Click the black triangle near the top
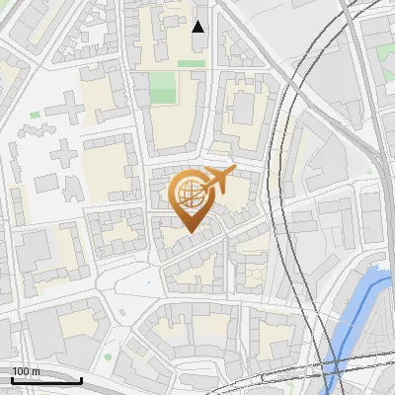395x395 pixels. pyautogui.click(x=198, y=27)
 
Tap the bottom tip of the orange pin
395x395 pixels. pyautogui.click(x=192, y=233)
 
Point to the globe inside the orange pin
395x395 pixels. pyautogui.click(x=191, y=195)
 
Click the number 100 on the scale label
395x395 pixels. pyautogui.click(x=21, y=371)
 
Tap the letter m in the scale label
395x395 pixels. pyautogui.click(x=37, y=371)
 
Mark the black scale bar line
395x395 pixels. pyautogui.click(x=45, y=380)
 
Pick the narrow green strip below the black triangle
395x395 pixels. pyautogui.click(x=192, y=64)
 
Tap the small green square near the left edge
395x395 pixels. pyautogui.click(x=36, y=116)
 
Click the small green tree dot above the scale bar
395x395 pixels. pyautogui.click(x=109, y=357)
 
